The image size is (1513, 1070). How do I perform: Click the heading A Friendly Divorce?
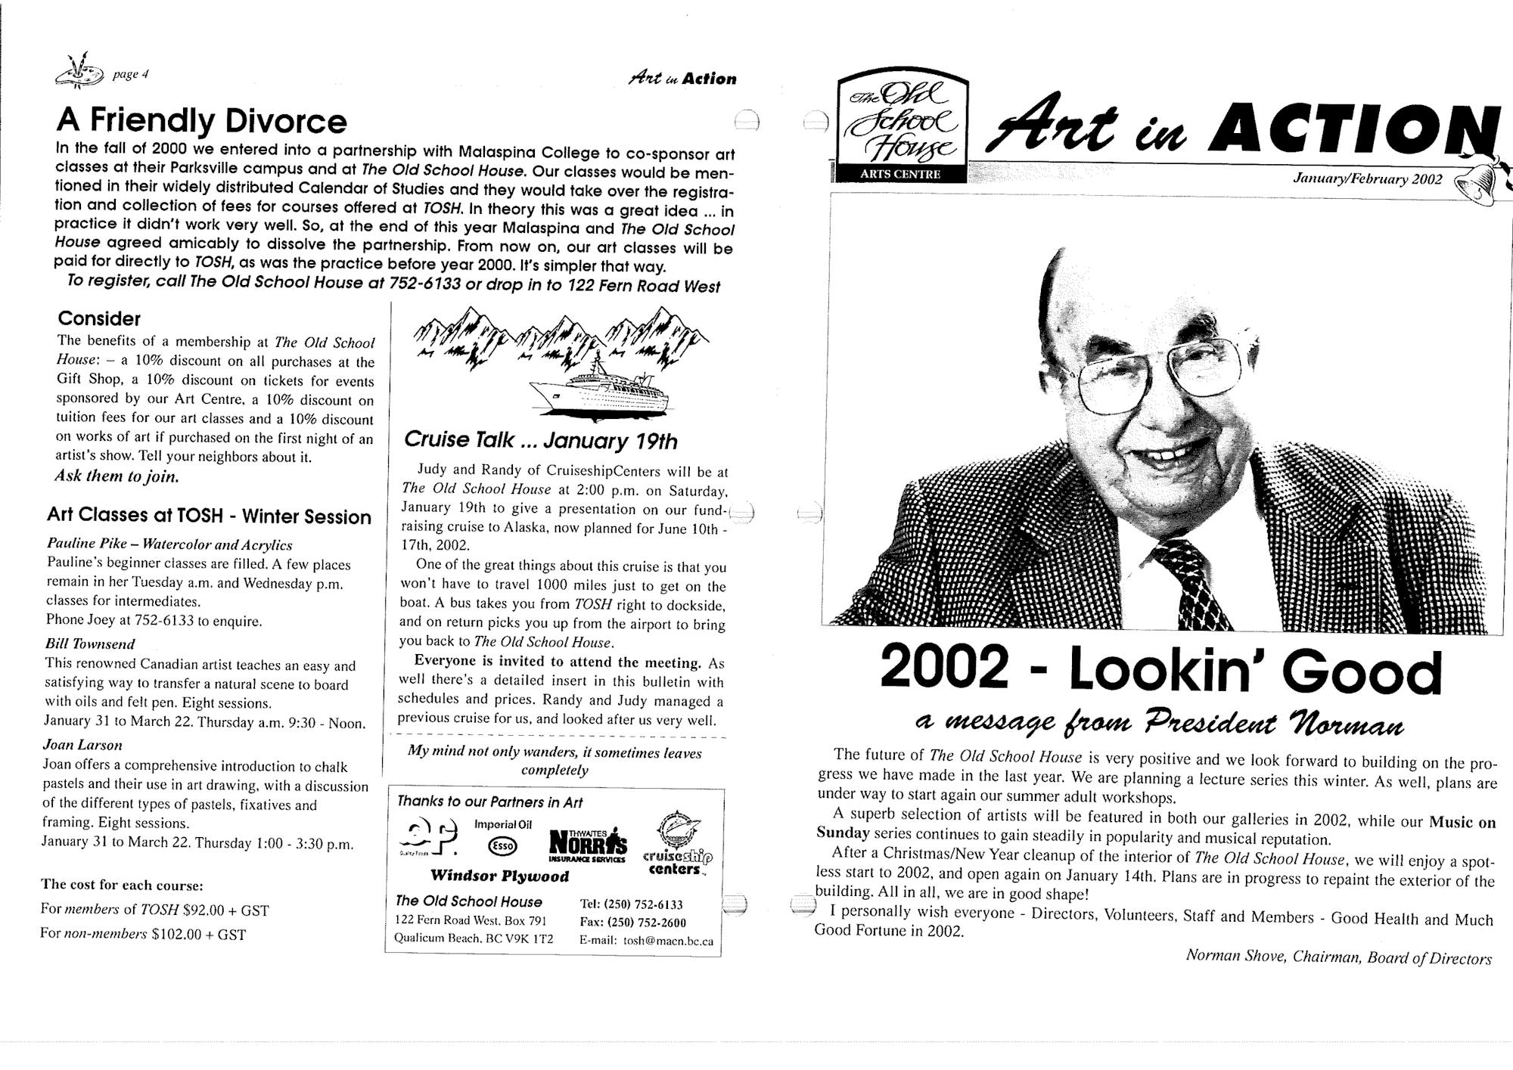(201, 120)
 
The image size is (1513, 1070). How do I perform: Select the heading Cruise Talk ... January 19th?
(540, 440)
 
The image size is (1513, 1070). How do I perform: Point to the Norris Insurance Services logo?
(587, 845)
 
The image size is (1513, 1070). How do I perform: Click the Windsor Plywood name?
(499, 876)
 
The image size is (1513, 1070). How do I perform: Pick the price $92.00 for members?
(204, 910)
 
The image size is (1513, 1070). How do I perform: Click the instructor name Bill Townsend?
(89, 644)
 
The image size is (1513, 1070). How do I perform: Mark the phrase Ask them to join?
(117, 476)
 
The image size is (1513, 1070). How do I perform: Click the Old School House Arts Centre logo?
(899, 127)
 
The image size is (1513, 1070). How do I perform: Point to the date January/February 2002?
(1368, 179)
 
